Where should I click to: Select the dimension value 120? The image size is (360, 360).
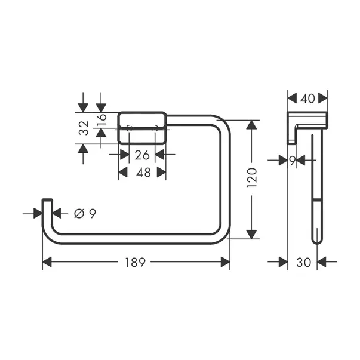coord(252,179)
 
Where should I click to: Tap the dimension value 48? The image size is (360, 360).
coord(142,173)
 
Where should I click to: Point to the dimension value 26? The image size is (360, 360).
coord(142,155)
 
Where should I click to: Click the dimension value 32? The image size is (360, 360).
coord(84,128)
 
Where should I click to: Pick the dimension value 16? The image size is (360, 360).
coord(101,119)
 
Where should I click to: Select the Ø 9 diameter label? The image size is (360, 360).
coord(85,213)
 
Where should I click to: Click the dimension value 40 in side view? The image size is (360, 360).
coord(307,98)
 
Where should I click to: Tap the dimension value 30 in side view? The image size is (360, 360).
coord(303,261)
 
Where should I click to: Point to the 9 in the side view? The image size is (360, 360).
coord(292,159)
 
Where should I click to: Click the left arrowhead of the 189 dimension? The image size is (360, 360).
coord(47,262)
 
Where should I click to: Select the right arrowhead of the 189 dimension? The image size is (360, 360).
coord(225,262)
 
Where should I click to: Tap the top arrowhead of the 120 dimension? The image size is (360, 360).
coord(252,125)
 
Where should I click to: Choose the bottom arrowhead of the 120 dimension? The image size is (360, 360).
coord(252,233)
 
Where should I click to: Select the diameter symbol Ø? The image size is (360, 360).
coord(79,213)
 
